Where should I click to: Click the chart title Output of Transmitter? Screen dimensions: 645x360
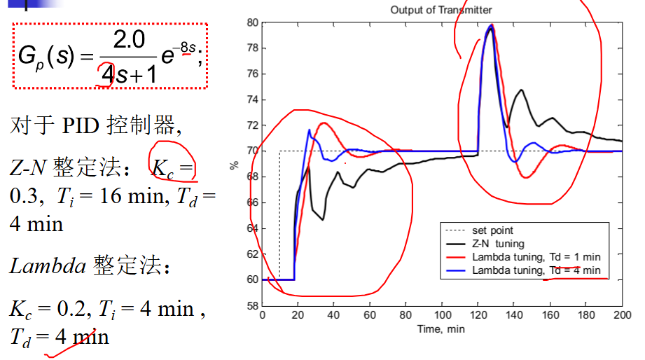click(441, 10)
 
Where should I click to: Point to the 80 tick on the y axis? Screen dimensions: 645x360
click(253, 22)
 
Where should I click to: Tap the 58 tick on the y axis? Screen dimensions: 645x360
click(253, 305)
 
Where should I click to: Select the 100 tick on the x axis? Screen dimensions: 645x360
click(443, 315)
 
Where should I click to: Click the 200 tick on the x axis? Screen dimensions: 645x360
click(623, 315)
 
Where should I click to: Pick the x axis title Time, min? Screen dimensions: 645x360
click(441, 329)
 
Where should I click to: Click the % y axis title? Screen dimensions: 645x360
click(234, 165)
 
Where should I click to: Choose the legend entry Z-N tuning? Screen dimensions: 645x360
click(485, 244)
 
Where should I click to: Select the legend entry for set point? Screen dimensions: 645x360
click(480, 230)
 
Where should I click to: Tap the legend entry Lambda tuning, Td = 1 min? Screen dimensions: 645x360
click(523, 257)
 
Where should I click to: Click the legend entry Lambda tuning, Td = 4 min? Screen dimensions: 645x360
click(523, 270)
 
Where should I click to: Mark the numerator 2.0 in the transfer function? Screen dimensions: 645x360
click(129, 39)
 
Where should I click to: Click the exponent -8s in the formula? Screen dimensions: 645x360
click(188, 48)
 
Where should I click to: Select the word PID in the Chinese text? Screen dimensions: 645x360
click(81, 125)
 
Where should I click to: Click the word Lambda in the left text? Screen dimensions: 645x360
click(48, 265)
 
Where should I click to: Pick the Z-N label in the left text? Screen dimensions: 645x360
click(27, 167)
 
